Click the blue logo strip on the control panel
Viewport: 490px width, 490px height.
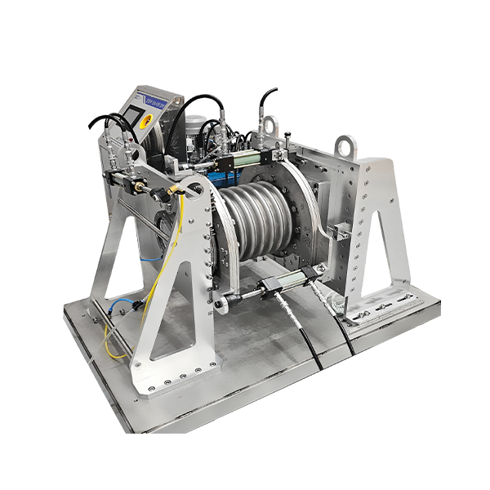point(158,102)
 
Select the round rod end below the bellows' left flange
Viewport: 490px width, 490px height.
point(220,306)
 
